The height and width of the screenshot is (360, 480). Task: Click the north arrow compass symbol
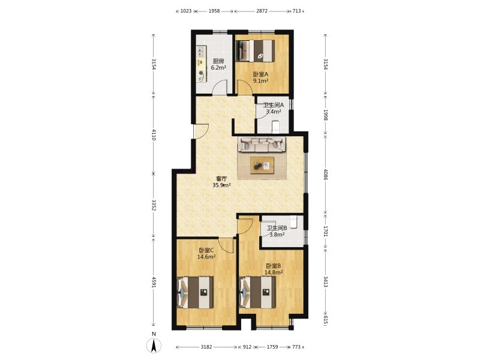tap(154, 346)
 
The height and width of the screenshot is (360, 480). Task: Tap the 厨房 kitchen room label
tap(218, 61)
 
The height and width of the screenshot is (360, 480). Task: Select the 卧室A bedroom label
tap(260, 74)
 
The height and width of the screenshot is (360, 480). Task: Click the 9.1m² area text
tap(260, 81)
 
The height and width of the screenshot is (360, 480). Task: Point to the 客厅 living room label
tap(221, 178)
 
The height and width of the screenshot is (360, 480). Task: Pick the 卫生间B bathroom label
tap(277, 228)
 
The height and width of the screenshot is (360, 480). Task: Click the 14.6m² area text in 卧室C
tap(206, 257)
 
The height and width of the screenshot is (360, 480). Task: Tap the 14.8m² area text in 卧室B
tap(274, 272)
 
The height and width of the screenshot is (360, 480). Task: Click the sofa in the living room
tap(262, 144)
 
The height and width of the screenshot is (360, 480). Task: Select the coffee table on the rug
tap(262, 166)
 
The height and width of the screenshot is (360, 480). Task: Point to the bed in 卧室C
tap(196, 292)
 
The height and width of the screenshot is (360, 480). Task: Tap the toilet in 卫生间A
tap(275, 127)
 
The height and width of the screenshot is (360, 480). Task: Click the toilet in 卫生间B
tap(293, 222)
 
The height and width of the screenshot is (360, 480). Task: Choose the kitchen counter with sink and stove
tap(202, 64)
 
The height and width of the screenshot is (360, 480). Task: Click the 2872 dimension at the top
tap(262, 11)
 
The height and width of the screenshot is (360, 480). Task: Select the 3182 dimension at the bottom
tap(206, 347)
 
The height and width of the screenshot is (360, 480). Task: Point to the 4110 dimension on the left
tap(154, 134)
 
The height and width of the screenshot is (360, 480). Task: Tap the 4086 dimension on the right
tap(325, 175)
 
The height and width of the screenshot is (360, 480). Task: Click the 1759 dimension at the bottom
tap(272, 347)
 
